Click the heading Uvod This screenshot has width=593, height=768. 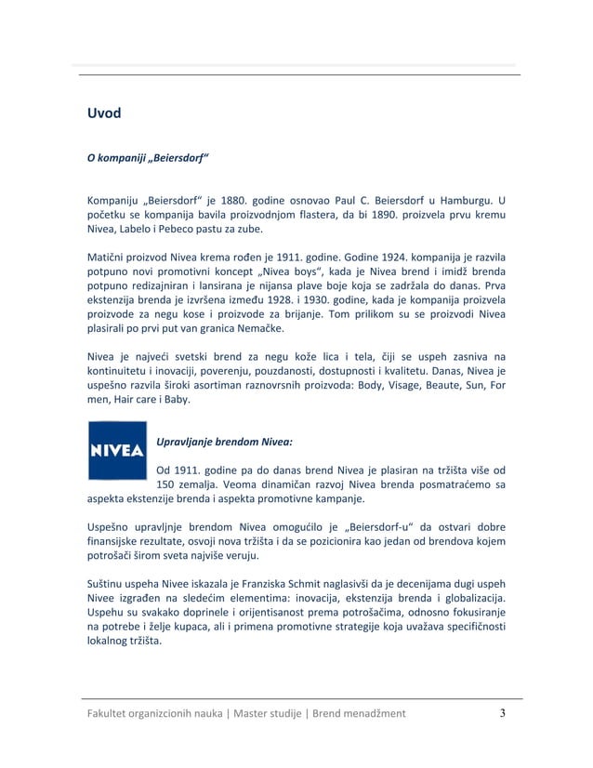click(104, 114)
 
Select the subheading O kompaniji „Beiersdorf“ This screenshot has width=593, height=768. click(147, 157)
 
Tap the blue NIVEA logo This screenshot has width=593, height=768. click(116, 451)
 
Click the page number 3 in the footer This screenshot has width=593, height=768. click(503, 714)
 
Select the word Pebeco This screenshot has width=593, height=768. click(174, 229)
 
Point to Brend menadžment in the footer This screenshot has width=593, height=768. click(363, 714)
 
